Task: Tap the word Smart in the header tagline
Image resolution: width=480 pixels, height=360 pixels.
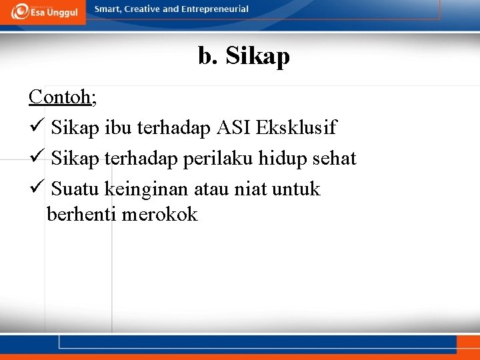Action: pos(108,9)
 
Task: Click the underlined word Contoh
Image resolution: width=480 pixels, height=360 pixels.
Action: pos(60,97)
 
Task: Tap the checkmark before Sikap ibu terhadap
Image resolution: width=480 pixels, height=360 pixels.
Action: pos(37,127)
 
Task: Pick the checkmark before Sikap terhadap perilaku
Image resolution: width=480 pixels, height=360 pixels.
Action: pos(37,159)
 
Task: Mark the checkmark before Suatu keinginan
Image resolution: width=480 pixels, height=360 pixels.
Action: pos(37,189)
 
